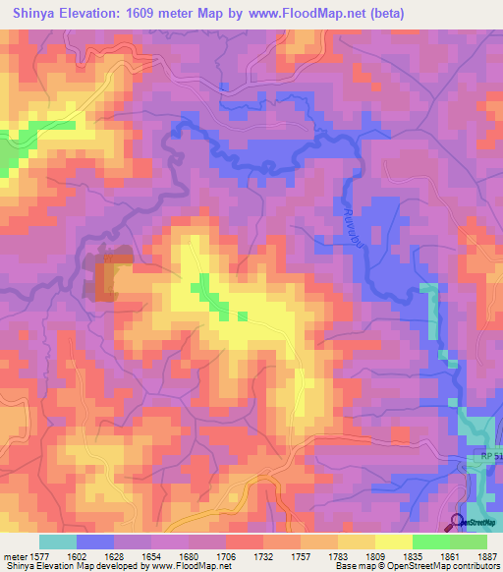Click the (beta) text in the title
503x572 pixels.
[x=391, y=14]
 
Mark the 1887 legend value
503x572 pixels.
[x=486, y=555]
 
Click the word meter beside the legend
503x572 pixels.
[x=15, y=555]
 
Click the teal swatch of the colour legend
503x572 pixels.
[x=58, y=541]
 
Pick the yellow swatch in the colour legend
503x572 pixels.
[x=393, y=541]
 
